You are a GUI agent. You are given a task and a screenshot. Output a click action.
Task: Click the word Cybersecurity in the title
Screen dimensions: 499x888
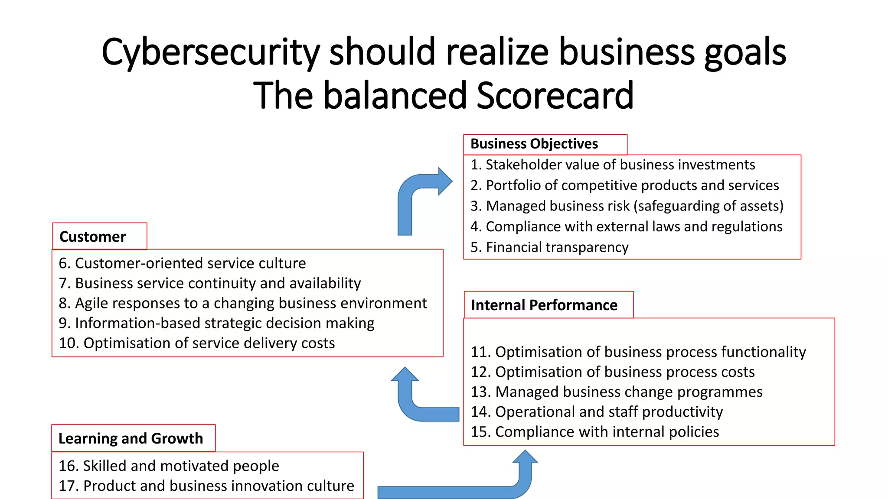coord(210,53)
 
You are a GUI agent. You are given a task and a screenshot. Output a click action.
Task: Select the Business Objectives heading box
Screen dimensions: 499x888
coord(545,144)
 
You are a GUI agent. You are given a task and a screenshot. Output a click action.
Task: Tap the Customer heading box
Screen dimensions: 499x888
coord(99,237)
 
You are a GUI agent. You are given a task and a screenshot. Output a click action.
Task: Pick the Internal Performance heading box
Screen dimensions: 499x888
coord(548,305)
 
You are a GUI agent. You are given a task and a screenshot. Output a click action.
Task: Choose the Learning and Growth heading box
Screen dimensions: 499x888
coord(133,438)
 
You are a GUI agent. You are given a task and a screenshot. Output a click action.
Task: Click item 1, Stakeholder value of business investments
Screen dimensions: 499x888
coord(613,165)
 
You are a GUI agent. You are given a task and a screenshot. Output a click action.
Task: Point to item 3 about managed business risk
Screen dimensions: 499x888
coord(627,206)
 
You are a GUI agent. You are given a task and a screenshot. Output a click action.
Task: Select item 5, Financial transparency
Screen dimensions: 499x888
coord(549,247)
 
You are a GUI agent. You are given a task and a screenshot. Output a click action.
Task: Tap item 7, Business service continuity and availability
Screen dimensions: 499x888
coord(210,283)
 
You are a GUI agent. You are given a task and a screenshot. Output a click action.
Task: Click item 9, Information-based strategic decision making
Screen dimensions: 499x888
coord(216,323)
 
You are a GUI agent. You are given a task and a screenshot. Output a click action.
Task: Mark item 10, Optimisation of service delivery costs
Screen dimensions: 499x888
coord(197,343)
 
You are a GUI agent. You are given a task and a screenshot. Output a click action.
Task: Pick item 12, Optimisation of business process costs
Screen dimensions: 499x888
coord(612,372)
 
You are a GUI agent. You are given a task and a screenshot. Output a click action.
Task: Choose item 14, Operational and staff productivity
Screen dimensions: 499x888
coord(597,412)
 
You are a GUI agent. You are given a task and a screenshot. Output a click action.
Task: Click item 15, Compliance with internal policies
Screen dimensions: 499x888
coord(594,432)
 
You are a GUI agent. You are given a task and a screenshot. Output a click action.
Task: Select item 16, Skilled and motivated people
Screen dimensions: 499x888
coord(169,466)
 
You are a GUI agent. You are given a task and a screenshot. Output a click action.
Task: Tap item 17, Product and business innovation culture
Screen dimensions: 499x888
coord(206,486)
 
